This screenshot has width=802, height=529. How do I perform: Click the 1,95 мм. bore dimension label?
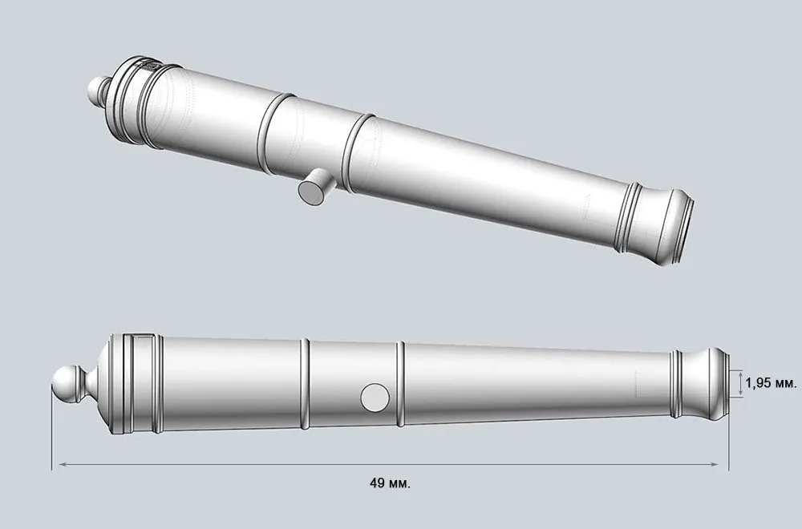coord(770,383)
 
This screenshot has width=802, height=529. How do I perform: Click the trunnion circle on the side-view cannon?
coord(374,396)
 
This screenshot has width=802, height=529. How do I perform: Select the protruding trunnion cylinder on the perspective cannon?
coord(316,186)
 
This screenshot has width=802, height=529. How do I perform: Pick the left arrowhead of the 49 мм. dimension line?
coord(58,464)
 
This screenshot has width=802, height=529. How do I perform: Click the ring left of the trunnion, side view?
coord(305,383)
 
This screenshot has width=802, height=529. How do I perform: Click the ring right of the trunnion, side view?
coord(399,383)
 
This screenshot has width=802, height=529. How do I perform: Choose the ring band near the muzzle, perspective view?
coord(628,216)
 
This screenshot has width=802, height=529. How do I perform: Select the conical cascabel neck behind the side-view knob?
coord(92,382)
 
